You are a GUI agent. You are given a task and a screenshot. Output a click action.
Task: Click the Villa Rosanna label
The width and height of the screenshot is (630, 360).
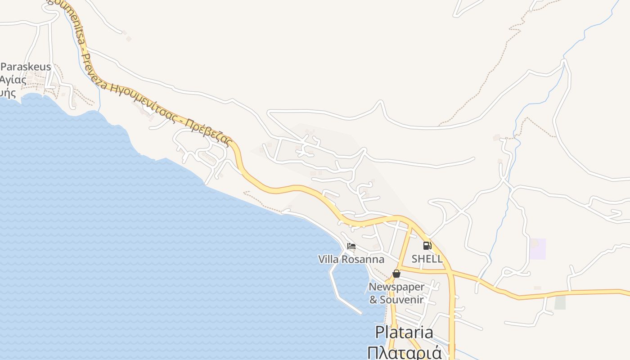click(351, 260)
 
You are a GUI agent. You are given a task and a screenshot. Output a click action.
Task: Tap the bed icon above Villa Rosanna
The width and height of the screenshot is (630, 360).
click(351, 246)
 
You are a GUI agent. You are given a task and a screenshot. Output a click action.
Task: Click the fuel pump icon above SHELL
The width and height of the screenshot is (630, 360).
click(427, 246)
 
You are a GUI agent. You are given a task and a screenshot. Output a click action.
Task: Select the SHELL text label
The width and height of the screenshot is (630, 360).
click(427, 259)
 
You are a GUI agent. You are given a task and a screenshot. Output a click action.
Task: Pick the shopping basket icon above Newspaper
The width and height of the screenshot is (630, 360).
click(396, 273)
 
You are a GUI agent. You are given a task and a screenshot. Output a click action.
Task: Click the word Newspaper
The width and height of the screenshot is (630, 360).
click(396, 287)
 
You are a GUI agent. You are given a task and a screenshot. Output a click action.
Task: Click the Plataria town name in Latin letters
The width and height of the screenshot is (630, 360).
click(404, 333)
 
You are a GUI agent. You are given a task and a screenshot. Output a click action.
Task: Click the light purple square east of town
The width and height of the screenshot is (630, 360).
click(537, 249)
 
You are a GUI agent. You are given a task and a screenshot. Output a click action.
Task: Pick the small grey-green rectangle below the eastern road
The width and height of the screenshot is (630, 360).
click(560, 302)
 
